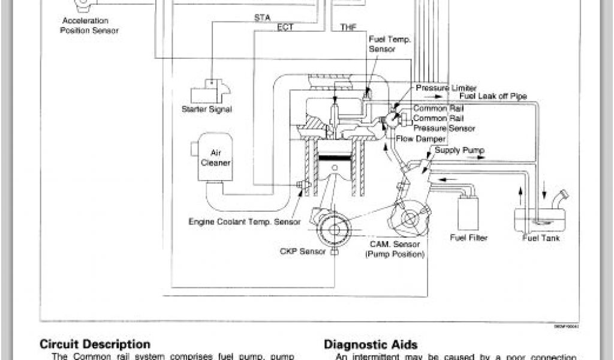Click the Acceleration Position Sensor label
click(89, 25)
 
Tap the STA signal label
click(262, 18)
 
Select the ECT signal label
click(285, 27)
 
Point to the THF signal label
click(348, 27)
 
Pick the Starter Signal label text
click(206, 109)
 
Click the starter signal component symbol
click(209, 91)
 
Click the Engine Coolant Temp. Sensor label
click(245, 221)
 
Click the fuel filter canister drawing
click(467, 211)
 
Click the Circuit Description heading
click(95, 344)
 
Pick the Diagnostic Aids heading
click(371, 344)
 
